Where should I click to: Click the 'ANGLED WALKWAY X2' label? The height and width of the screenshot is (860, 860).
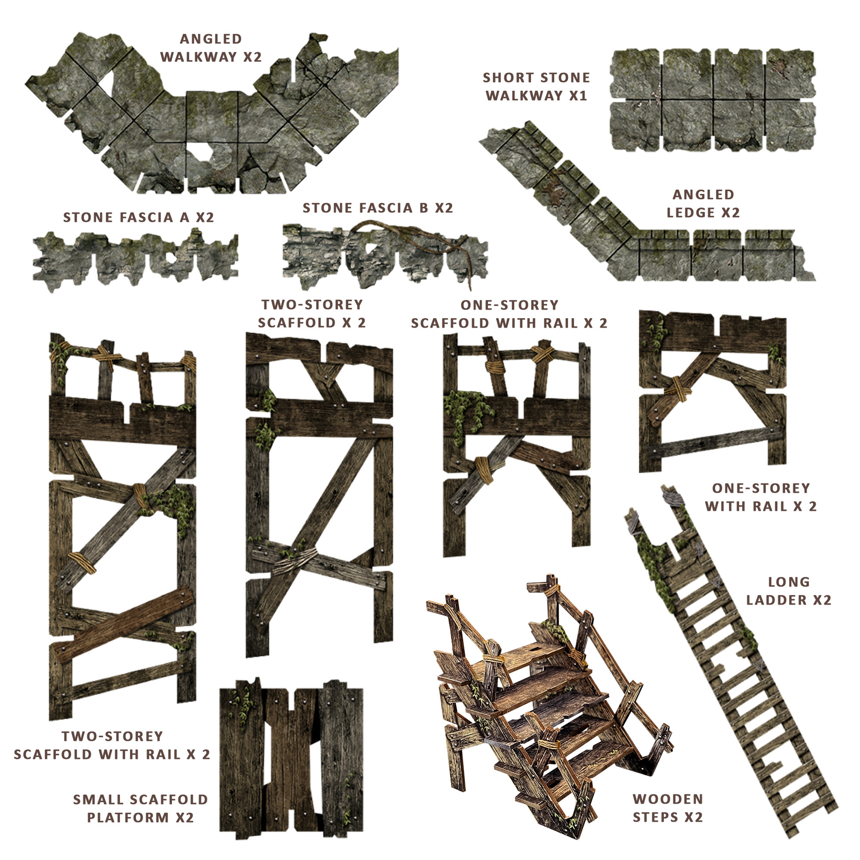pos(211,48)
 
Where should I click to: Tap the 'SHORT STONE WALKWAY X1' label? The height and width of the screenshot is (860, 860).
pos(536,87)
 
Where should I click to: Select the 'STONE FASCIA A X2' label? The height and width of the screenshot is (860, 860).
pos(139,218)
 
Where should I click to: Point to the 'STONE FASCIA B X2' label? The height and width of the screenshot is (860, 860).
pos(378,208)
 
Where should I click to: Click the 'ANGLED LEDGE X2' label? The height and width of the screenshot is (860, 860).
pos(703,204)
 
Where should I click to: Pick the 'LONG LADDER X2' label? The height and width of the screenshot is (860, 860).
pos(789,591)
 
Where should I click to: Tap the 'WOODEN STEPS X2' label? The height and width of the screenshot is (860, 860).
pos(668,808)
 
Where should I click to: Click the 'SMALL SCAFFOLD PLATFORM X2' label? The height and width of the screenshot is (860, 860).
pos(140,808)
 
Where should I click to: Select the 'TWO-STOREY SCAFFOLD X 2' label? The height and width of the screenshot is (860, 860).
pos(312,314)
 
